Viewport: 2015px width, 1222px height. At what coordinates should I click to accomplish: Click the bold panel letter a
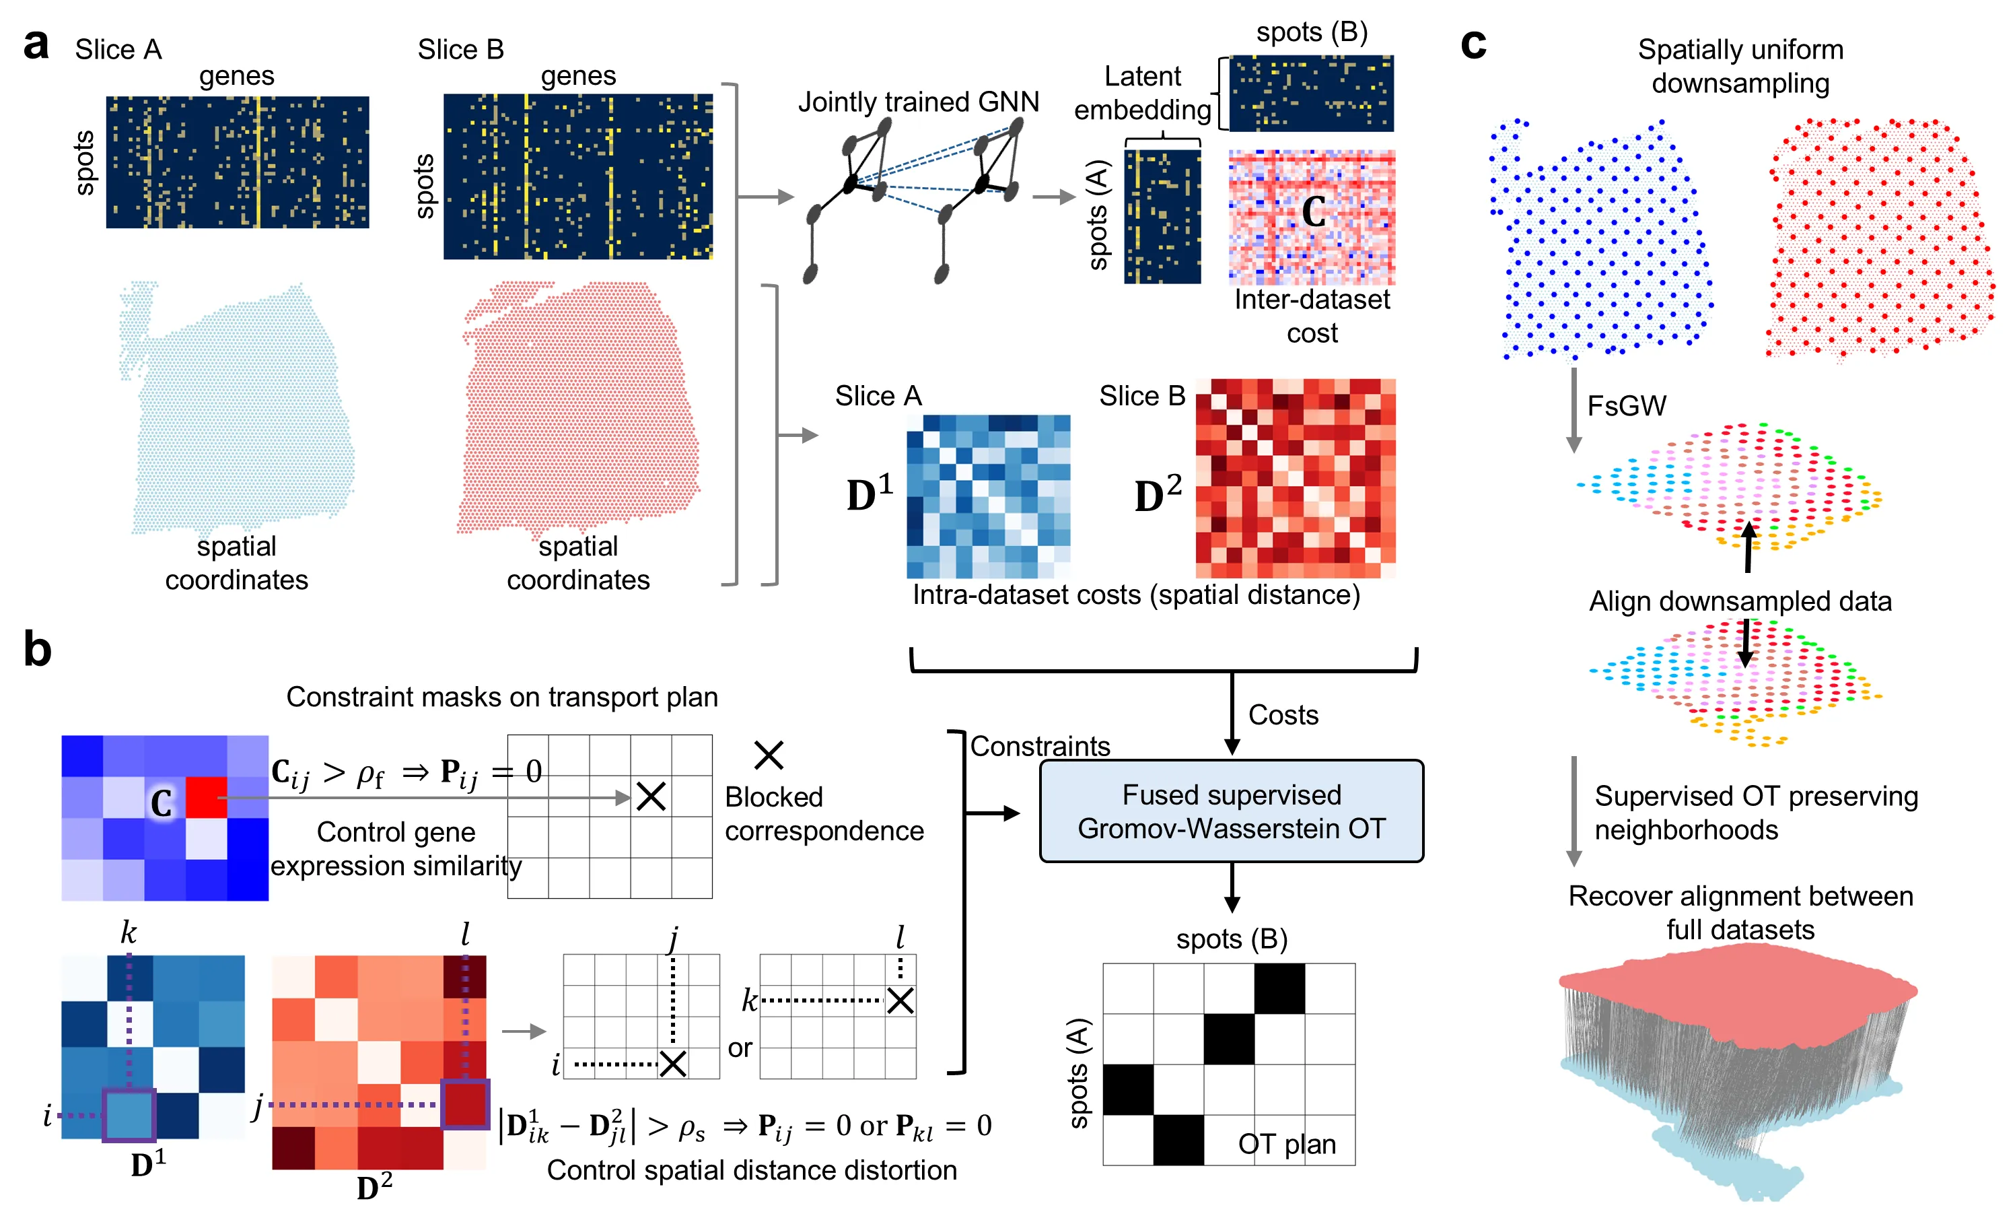click(36, 45)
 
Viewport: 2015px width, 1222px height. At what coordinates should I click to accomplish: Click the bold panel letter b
click(38, 650)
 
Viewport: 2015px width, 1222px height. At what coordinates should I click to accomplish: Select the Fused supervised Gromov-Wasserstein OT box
click(1232, 811)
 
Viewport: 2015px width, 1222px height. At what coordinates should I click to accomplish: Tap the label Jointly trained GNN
click(919, 102)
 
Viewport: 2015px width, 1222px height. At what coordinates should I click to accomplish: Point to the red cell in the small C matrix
click(206, 797)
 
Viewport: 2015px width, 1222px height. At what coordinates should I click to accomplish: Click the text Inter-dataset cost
click(1312, 316)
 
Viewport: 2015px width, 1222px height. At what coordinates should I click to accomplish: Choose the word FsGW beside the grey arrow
click(1626, 406)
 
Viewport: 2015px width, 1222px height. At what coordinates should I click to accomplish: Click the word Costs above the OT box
click(1283, 715)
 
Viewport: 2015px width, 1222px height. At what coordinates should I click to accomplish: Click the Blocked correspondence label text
click(824, 814)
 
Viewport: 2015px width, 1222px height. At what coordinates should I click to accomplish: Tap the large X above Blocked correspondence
click(769, 755)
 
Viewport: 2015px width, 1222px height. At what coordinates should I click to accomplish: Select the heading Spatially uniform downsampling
click(1740, 66)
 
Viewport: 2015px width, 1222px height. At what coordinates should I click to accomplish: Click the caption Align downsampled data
click(1740, 601)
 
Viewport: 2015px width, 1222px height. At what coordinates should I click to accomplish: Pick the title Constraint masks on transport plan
click(501, 697)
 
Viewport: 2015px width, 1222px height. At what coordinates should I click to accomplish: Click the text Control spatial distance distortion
click(752, 1169)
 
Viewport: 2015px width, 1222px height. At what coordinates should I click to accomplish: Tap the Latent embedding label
click(1142, 92)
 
